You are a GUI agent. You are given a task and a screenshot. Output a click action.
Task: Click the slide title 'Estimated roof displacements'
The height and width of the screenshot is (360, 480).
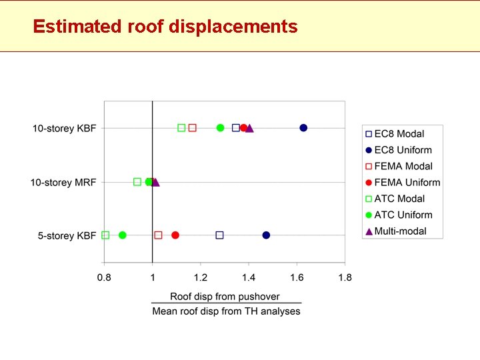coord(165,27)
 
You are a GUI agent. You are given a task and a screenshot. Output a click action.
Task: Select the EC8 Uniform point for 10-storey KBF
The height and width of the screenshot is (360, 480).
coord(303,128)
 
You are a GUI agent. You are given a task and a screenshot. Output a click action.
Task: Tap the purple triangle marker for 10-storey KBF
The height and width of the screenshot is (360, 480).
coord(249,128)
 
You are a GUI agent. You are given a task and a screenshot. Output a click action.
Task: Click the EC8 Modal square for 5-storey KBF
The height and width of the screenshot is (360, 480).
coord(219,235)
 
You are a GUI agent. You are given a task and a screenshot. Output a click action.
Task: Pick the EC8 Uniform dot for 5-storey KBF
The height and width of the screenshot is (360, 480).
coord(266,235)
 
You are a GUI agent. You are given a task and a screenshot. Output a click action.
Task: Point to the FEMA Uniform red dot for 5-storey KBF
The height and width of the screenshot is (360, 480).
coord(175,235)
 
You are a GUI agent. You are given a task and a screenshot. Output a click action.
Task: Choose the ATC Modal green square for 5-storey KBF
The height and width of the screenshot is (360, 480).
coord(105,235)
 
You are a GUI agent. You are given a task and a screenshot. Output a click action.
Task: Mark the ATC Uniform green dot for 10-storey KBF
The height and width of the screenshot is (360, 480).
coord(220,128)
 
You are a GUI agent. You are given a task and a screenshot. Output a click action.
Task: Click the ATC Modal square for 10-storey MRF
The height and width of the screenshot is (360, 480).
coord(137,182)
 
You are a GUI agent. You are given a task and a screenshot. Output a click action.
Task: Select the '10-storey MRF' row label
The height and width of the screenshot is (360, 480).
coord(63,182)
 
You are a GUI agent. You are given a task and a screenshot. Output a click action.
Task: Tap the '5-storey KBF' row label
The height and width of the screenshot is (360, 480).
coord(66,236)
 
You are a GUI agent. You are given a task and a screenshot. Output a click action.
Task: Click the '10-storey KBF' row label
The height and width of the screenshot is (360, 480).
coord(64,128)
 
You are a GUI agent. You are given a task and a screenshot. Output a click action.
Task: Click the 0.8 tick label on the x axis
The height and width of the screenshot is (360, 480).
coord(104,277)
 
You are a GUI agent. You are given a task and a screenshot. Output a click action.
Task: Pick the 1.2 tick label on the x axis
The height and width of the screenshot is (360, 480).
coord(201,277)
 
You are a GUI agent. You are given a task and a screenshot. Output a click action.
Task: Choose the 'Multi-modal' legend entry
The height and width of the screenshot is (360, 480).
coord(400,231)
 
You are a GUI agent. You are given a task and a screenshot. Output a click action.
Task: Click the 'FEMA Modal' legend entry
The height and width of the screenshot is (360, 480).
coord(403,167)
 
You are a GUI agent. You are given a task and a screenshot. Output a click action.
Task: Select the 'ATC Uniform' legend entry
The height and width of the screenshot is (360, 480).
coord(403,215)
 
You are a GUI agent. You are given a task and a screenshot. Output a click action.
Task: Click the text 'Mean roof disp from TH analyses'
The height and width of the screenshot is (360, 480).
coord(226,311)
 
